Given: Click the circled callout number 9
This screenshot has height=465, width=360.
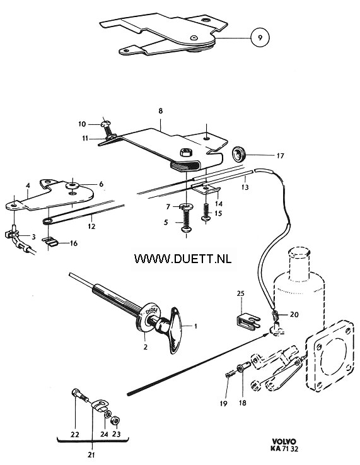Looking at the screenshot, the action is click(260, 38).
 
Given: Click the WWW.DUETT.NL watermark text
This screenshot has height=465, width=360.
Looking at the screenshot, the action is click(183, 259).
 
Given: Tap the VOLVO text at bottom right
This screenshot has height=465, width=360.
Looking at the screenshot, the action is click(284, 441).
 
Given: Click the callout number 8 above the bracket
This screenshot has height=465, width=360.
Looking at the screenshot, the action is click(161, 111).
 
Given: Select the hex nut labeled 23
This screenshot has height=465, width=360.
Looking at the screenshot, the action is click(115, 420).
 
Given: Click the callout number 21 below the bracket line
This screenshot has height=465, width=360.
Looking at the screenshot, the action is click(91, 454).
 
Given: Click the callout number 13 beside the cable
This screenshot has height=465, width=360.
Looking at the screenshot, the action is click(245, 187).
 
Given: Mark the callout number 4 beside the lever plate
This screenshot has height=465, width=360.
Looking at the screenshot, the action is click(28, 185).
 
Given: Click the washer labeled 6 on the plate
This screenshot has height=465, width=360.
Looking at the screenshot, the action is click(73, 186).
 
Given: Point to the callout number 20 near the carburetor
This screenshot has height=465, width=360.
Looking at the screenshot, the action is click(294, 314).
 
